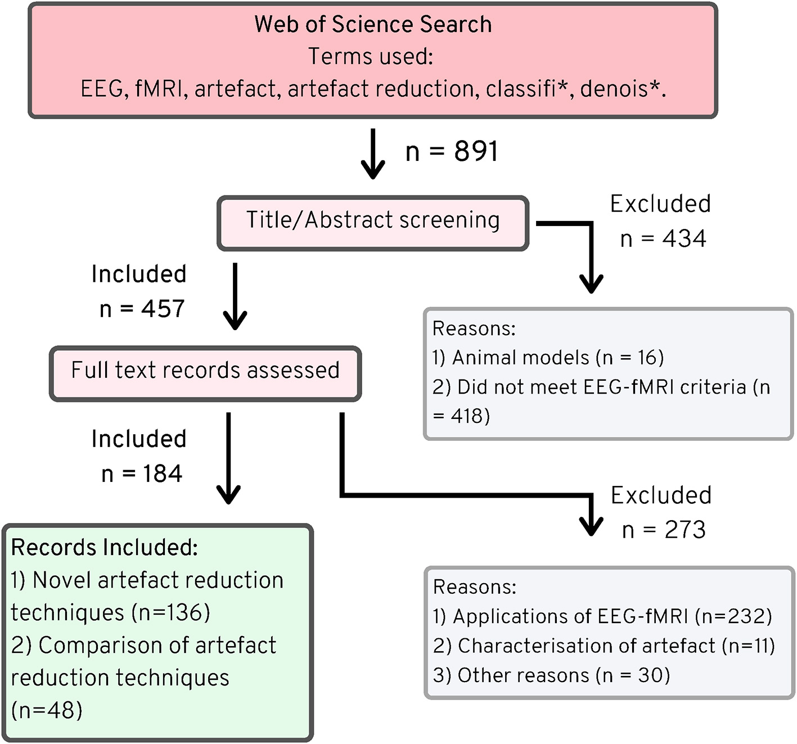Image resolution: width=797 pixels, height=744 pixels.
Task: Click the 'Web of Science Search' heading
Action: pos(373,25)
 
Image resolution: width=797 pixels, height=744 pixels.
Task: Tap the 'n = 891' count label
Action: pos(452,151)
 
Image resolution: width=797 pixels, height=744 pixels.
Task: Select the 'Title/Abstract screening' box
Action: pos(373,223)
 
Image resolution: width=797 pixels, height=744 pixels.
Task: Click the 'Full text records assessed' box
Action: pos(205,373)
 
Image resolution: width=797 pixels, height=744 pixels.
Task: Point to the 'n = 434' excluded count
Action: pos(663,239)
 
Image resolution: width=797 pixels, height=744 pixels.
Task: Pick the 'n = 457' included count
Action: pos(142,309)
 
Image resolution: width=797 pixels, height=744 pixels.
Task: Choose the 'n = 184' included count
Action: pos(142,474)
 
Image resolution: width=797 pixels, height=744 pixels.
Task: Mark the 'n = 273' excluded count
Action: pos(664,530)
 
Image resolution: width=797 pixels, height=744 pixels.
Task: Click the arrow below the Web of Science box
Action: pos(372,154)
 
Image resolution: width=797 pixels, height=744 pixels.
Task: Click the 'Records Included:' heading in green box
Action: pos(105,547)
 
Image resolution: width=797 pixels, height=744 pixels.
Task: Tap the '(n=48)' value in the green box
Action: pos(47,711)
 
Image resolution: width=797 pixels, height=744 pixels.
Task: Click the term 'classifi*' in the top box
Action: pos(528,89)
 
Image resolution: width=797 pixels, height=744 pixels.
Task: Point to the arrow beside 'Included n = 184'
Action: pos(228,458)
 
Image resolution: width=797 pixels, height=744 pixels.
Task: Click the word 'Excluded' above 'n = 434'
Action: pos(660,204)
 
